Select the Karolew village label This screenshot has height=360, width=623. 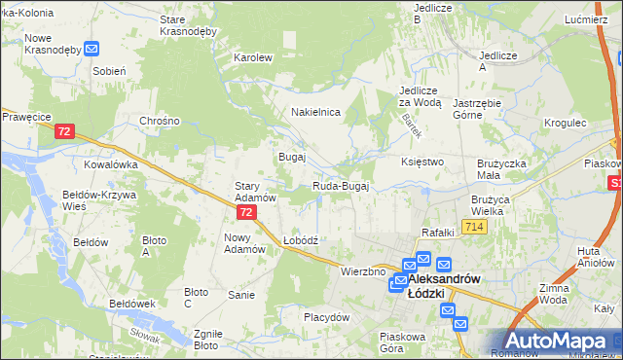252,57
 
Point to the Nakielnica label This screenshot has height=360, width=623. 315,112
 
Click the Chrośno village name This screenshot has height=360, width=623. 160,121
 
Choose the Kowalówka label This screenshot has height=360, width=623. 111,164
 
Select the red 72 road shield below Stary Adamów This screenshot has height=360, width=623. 246,211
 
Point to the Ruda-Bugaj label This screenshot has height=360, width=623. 340,186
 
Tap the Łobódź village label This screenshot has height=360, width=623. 301,239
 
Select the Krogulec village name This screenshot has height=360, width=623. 566,124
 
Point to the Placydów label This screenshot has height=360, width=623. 326,317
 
